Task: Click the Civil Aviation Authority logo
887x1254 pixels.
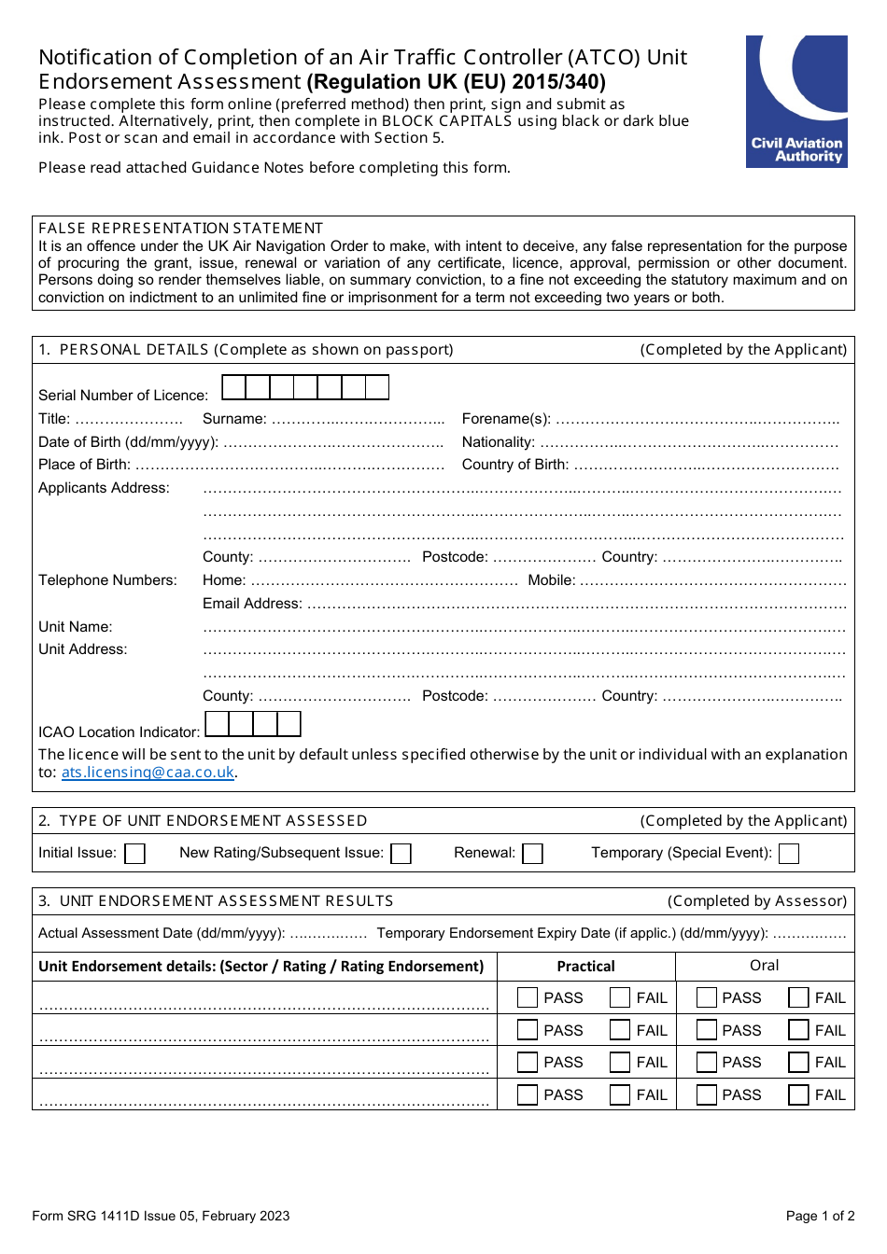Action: [x=796, y=102]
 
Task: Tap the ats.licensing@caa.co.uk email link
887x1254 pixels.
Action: [x=148, y=773]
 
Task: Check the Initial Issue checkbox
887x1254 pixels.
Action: [x=135, y=854]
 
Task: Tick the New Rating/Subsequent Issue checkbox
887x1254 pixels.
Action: [x=401, y=854]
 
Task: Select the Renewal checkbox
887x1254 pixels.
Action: [x=533, y=854]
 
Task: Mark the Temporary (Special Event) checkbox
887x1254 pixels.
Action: [x=789, y=854]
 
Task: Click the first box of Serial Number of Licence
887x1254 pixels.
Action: [x=233, y=387]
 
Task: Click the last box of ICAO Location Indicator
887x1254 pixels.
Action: [x=289, y=724]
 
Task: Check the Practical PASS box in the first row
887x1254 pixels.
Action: [x=528, y=997]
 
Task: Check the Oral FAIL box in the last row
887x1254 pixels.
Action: [x=798, y=1094]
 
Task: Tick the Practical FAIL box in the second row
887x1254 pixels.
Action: [x=620, y=1030]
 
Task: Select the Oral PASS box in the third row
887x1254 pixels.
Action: [x=707, y=1062]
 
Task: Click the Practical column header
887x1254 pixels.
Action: [x=585, y=967]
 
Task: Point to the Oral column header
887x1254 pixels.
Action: [x=764, y=966]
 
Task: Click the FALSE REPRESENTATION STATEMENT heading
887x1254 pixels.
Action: [x=180, y=229]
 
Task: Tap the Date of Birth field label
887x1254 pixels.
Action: [x=128, y=442]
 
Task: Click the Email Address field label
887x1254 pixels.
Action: [x=252, y=604]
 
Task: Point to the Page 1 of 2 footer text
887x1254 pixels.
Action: [x=820, y=1216]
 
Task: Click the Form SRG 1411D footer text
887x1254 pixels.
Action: [x=161, y=1216]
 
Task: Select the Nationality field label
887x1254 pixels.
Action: [x=498, y=442]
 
